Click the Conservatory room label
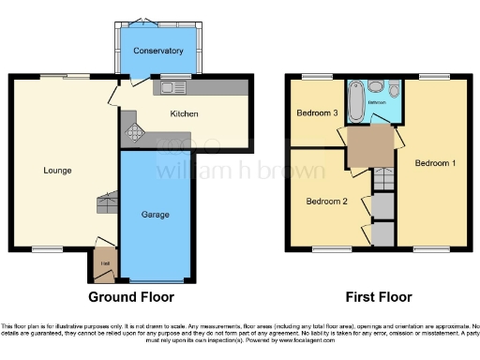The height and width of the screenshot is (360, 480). tap(157, 51)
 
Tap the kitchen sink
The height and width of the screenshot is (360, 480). tap(173, 87)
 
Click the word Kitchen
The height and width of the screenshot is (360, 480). tap(185, 114)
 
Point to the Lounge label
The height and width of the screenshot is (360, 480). tap(57, 170)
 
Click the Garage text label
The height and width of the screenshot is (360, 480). tap(156, 215)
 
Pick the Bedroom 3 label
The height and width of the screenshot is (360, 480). tap(317, 113)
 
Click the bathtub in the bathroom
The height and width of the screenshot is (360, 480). tap(356, 101)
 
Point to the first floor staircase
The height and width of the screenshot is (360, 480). tap(382, 178)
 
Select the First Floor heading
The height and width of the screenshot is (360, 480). tap(379, 298)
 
